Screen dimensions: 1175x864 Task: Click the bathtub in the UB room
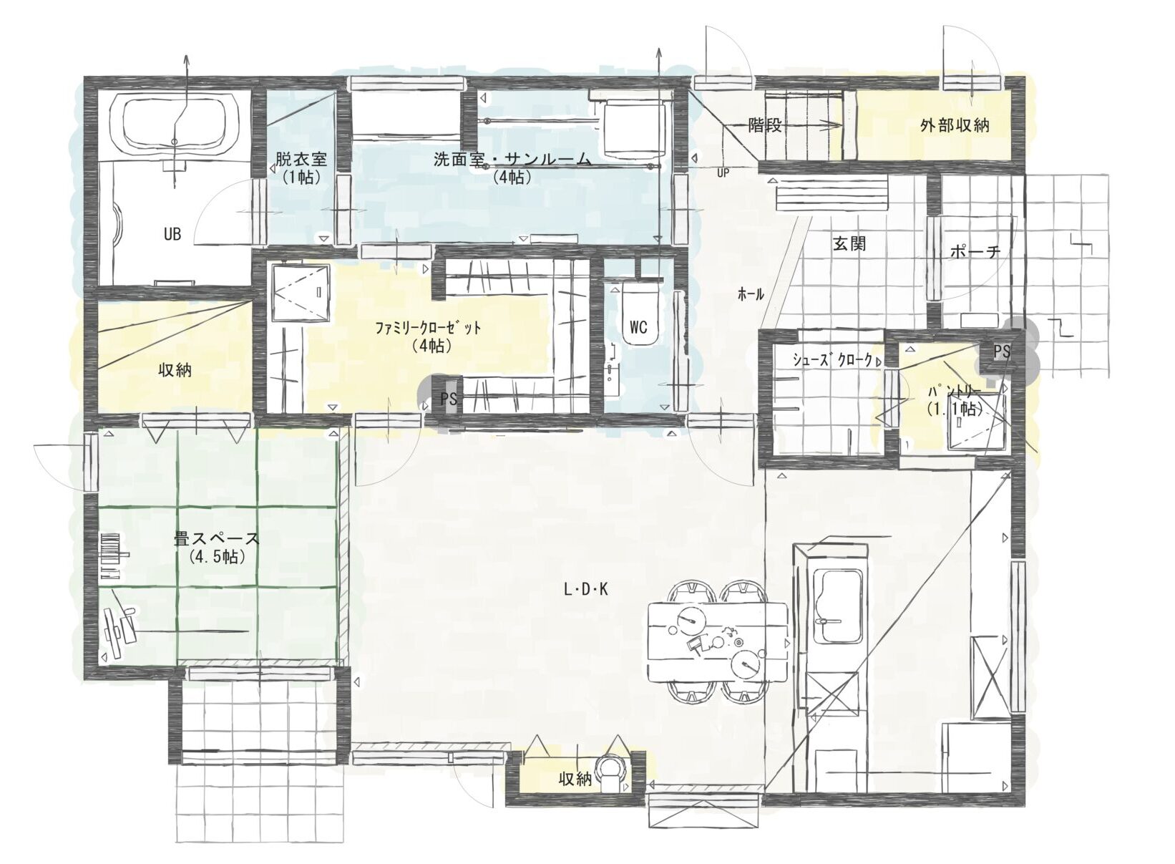tap(175, 125)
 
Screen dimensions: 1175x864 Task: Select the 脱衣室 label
tap(301, 158)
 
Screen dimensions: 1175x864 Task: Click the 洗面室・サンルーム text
tap(512, 159)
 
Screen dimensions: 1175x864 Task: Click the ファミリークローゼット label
tap(428, 329)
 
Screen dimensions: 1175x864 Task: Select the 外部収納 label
tap(955, 125)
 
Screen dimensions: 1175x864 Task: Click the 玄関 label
tap(849, 244)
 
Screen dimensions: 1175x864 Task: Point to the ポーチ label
tap(975, 252)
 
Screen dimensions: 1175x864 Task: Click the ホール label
tap(751, 295)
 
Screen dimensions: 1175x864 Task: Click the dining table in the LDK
tap(718, 642)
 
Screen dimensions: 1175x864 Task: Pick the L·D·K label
tap(585, 590)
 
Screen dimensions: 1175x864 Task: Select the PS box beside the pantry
tap(1001, 351)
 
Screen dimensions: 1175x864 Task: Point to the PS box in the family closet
tap(448, 399)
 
